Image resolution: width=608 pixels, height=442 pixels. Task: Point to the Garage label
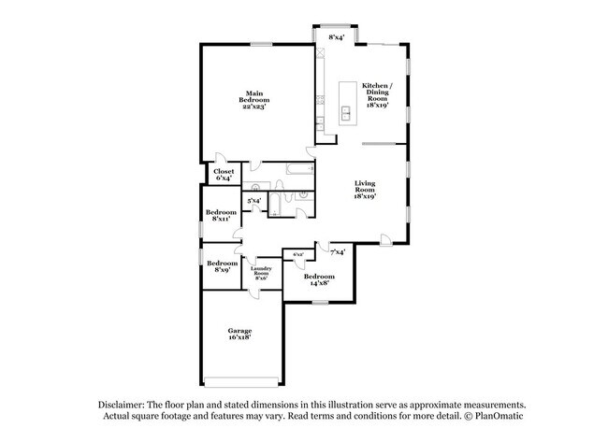tap(240, 331)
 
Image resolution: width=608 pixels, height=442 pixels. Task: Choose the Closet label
tap(224, 172)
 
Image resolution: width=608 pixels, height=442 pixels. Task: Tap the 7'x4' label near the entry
tap(339, 251)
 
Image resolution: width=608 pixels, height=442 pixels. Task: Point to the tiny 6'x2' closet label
tap(298, 254)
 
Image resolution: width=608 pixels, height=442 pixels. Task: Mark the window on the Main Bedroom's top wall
tap(262, 44)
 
